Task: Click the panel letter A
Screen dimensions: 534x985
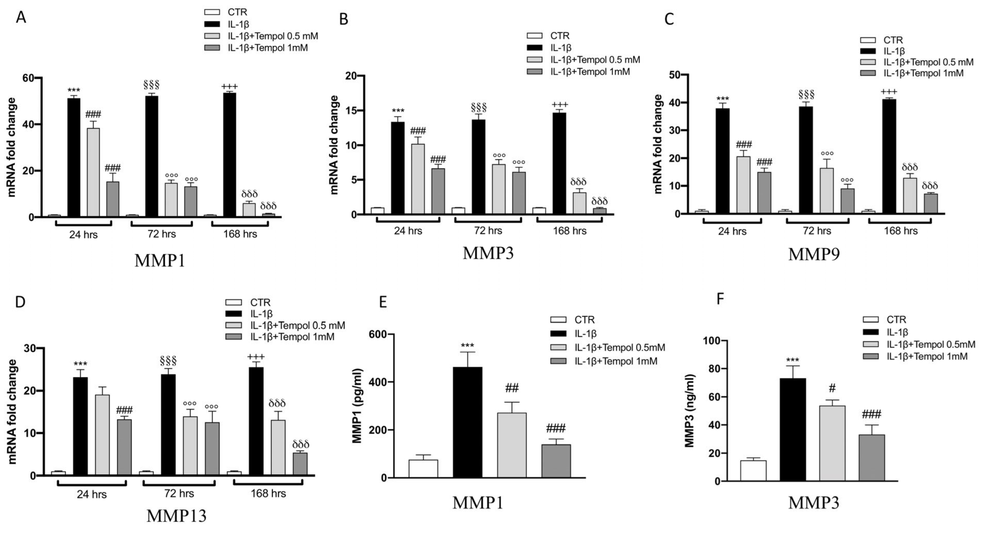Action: click(21, 17)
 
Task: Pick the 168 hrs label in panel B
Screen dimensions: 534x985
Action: click(569, 231)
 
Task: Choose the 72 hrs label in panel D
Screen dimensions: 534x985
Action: click(179, 493)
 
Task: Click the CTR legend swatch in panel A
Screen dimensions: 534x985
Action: click(212, 12)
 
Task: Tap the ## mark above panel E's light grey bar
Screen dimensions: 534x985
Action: click(512, 389)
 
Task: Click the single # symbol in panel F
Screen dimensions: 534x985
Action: click(832, 388)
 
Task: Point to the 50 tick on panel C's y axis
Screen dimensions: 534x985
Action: click(676, 75)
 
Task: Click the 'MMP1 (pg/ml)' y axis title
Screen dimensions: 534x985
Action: click(357, 405)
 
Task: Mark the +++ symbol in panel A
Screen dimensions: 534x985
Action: click(229, 87)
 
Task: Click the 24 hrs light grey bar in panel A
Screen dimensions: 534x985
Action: click(93, 172)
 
